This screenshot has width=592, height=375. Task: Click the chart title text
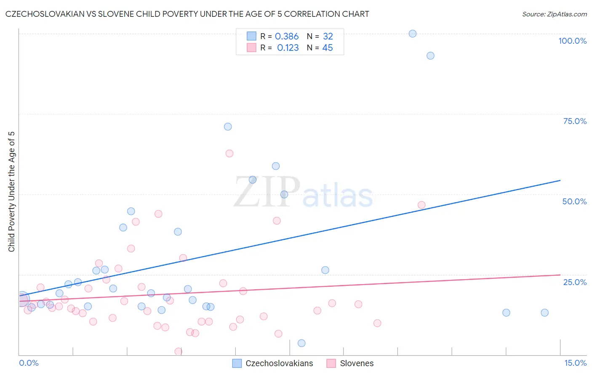[x=187, y=14]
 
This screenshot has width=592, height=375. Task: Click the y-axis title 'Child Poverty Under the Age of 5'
[x=11, y=192]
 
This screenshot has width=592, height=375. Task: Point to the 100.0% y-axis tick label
[x=572, y=41]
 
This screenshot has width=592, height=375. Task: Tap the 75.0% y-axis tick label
[x=575, y=121]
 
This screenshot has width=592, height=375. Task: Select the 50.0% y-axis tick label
[x=574, y=201]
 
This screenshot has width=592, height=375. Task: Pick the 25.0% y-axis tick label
[x=575, y=282]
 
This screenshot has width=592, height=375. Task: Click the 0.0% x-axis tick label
[x=29, y=363]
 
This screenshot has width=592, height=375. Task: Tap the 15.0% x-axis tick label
[x=575, y=363]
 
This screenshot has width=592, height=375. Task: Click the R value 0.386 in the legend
[x=286, y=37]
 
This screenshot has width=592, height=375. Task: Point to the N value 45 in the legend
[x=327, y=48]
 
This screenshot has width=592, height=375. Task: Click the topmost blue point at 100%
[x=413, y=34]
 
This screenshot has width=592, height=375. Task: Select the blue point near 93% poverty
[x=430, y=55]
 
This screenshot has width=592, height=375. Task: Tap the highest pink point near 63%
[x=229, y=153]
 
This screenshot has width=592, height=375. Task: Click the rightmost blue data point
[x=544, y=312]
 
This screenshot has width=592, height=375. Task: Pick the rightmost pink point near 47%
[x=421, y=205]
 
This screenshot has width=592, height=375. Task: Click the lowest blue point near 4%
[x=301, y=343]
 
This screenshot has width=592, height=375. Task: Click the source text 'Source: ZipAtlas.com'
[x=554, y=14]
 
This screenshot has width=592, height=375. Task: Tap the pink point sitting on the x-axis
[x=179, y=351]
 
